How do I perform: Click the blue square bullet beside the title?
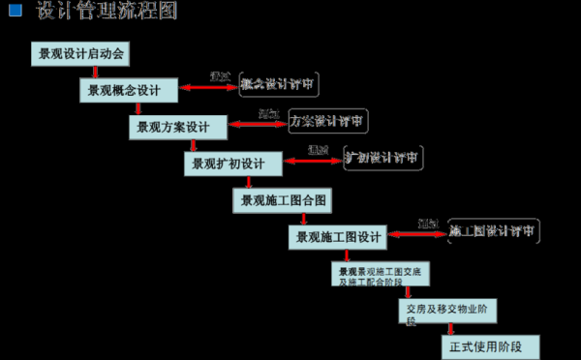(x=15, y=11)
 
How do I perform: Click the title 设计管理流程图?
(x=107, y=12)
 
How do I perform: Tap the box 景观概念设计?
(x=128, y=90)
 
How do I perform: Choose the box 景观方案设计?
(x=177, y=127)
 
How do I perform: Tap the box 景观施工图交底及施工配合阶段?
(x=378, y=276)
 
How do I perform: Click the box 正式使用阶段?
(x=490, y=346)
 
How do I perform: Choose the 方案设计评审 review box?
(x=328, y=122)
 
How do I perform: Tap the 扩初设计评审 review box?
(x=383, y=158)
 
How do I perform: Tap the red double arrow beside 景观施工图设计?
(x=416, y=233)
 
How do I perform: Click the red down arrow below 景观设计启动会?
(x=95, y=72)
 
